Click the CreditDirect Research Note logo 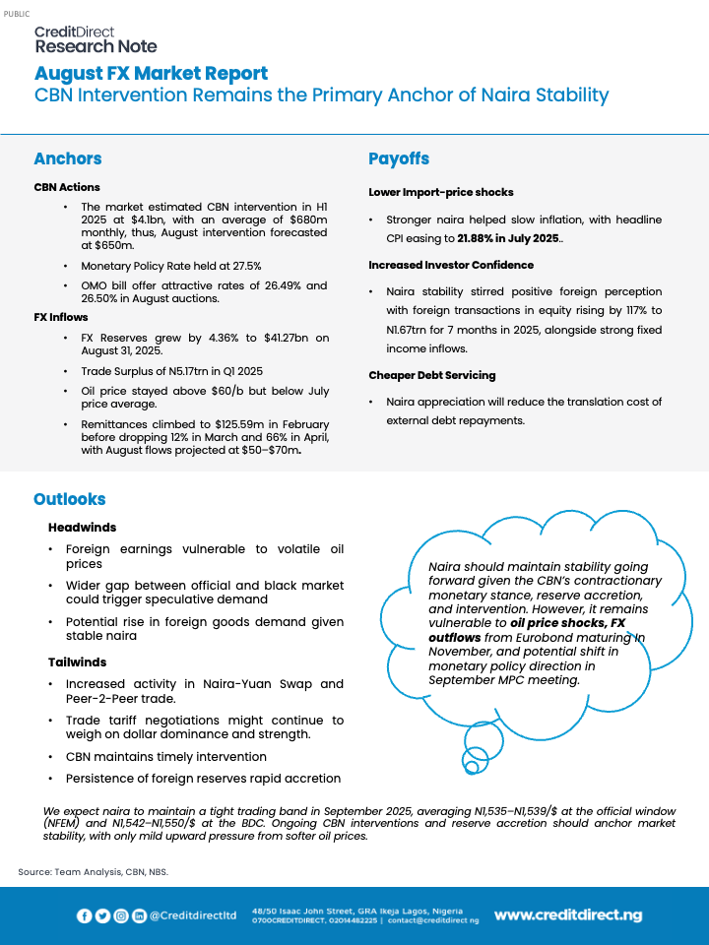96,39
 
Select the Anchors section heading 67,158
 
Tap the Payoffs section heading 399,158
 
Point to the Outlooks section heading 69,499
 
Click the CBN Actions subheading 67,187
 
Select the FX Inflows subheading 61,317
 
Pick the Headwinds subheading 82,528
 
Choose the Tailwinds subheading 78,661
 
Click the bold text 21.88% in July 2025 509,239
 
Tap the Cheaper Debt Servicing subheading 431,375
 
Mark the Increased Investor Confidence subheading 451,265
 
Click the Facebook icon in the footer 85,915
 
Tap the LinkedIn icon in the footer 139,915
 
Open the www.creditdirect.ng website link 567,915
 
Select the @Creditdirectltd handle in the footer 193,915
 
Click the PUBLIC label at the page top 17,13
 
